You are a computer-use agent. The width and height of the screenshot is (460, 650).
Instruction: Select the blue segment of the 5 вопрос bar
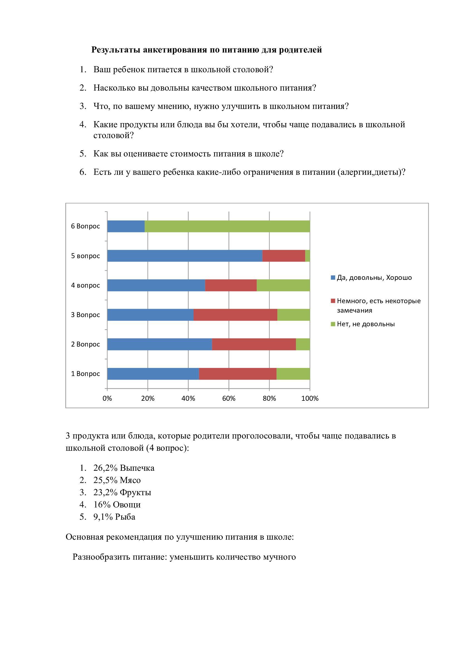pos(185,256)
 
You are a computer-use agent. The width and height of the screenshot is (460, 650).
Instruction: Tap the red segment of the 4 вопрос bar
pos(231,285)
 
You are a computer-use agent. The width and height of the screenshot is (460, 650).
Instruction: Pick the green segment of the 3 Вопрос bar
pos(293,315)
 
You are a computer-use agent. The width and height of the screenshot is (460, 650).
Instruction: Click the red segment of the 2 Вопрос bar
pos(254,344)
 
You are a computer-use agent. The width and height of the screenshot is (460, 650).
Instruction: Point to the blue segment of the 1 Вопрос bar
pos(153,373)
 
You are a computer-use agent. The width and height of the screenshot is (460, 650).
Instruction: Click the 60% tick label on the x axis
pos(229,398)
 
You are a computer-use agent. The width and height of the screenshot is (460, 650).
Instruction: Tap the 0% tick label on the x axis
pos(107,398)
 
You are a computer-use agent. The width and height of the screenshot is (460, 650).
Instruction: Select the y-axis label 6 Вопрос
pos(85,226)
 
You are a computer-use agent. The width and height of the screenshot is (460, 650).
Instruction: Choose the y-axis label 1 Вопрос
pos(85,374)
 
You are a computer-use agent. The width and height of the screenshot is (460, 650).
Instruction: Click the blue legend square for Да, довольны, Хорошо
pos(333,277)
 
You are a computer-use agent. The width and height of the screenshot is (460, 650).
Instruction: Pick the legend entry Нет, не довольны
pos(365,324)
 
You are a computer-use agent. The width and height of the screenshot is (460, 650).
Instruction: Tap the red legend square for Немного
pos(333,301)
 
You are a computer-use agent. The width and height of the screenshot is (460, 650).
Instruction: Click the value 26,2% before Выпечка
pos(105,468)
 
